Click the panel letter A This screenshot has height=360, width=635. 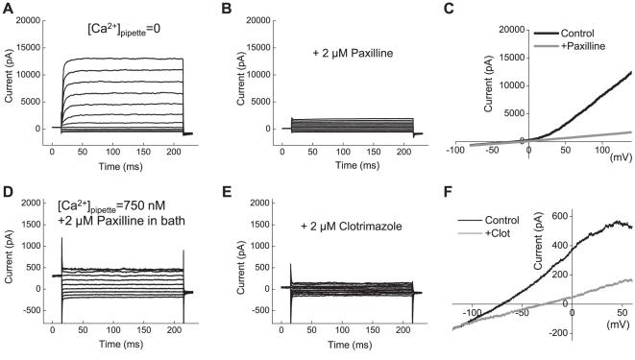click(7, 9)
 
